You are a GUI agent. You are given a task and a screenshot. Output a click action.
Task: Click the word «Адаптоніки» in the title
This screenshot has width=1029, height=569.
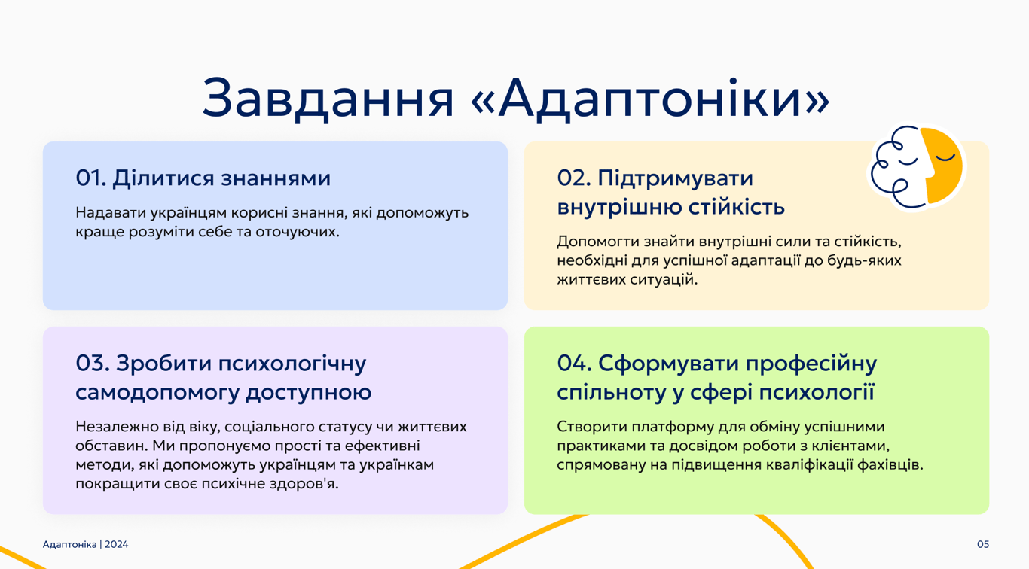tap(651, 99)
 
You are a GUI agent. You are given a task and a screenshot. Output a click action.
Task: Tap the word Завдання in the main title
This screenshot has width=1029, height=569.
tap(328, 99)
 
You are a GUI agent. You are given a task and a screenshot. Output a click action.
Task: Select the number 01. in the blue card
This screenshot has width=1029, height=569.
tap(91, 178)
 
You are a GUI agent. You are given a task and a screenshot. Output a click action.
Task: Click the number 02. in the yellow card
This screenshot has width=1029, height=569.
tap(574, 178)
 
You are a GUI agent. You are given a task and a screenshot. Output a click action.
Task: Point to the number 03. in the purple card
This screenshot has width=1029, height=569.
tap(93, 364)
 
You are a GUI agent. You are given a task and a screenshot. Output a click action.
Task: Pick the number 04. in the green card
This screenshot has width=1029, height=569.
tap(574, 364)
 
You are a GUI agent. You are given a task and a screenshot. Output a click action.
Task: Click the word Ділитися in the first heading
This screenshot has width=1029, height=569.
tap(163, 179)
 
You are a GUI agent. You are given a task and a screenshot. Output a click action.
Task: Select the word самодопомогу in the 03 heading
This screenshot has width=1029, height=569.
tap(157, 393)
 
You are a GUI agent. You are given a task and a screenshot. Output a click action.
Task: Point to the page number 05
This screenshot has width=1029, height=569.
tap(982, 544)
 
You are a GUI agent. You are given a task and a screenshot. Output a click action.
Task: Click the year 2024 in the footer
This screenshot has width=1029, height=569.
tap(116, 544)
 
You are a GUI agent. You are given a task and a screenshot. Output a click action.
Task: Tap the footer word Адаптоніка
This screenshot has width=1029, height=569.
tap(70, 545)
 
